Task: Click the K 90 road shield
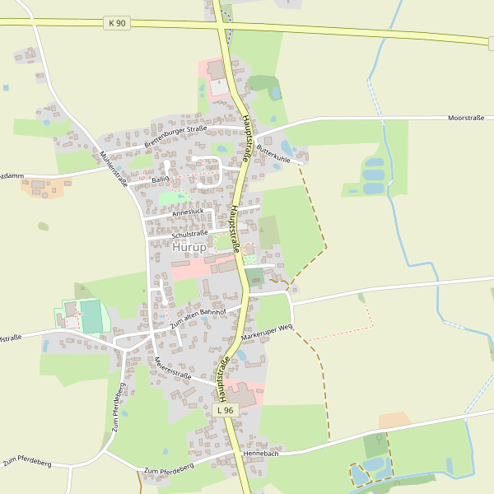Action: (x=117, y=23)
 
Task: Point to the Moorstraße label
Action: (x=466, y=119)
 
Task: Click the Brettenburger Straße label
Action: (x=175, y=136)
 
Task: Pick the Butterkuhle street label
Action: (x=273, y=152)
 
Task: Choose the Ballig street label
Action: (x=160, y=179)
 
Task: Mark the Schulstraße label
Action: (x=189, y=234)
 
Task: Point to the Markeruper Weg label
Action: (x=267, y=333)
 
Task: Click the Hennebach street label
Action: (x=261, y=454)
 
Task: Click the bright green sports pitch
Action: (x=91, y=317)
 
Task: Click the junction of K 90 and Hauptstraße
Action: (x=223, y=26)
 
